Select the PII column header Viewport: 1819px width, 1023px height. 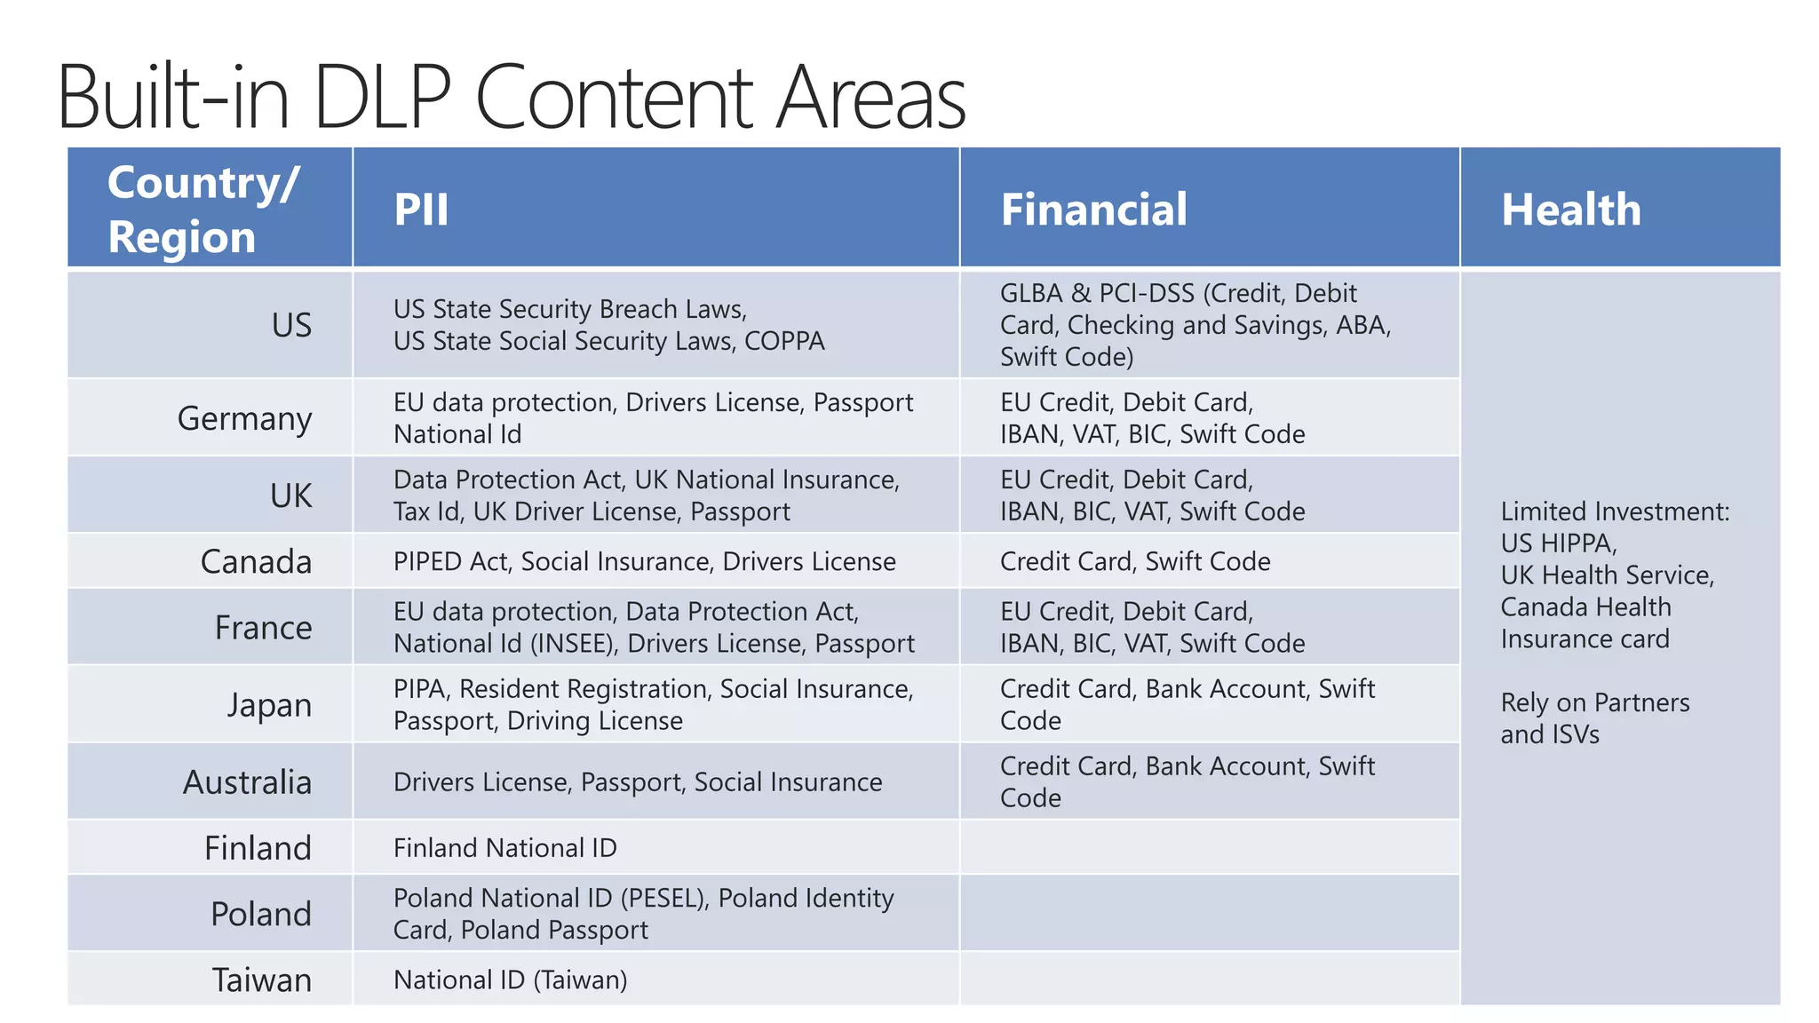(421, 210)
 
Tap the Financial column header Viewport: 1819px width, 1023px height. (1093, 210)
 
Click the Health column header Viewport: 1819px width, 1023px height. (1570, 210)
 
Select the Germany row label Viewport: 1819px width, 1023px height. (244, 418)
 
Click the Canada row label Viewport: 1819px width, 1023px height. (256, 561)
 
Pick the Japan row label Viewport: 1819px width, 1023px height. (269, 705)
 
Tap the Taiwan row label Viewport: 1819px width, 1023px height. (262, 979)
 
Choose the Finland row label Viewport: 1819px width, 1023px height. (258, 848)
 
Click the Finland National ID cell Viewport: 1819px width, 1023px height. (504, 848)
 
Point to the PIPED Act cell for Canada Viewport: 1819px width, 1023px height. (644, 561)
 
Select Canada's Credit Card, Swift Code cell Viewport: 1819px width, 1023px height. (1134, 561)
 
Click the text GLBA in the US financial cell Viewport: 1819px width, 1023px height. (1030, 293)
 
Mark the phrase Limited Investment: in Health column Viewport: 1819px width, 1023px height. (1615, 511)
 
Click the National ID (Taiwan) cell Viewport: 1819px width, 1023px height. (510, 979)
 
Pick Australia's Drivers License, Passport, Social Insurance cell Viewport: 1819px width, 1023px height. (638, 782)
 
